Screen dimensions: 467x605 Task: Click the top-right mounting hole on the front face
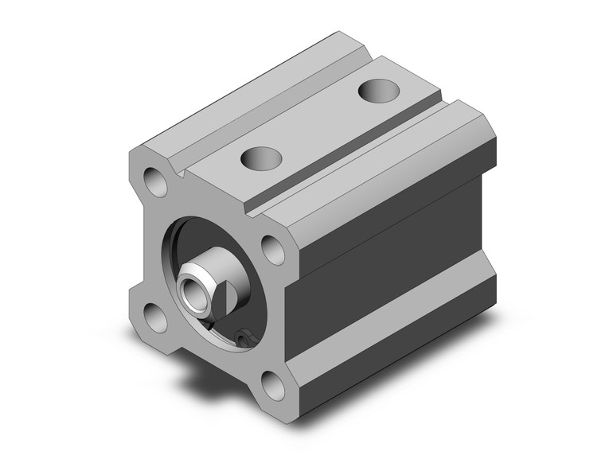[x=273, y=250]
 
